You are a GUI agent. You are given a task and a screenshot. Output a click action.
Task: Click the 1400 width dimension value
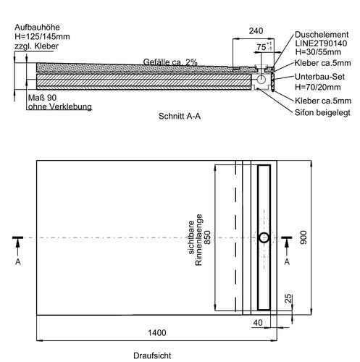point(157,333)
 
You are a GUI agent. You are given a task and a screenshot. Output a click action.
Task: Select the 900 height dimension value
point(304,237)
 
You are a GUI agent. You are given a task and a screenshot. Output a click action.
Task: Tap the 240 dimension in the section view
point(256,31)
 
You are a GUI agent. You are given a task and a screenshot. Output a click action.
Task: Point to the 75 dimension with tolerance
point(264,46)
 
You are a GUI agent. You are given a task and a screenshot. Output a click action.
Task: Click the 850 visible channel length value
point(207,237)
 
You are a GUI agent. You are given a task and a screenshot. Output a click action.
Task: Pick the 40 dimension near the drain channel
point(258,323)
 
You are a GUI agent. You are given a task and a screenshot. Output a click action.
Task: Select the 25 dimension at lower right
point(288,299)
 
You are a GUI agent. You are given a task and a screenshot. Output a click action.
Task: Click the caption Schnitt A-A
point(180,117)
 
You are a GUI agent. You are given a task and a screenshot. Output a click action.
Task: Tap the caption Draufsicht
point(152,355)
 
